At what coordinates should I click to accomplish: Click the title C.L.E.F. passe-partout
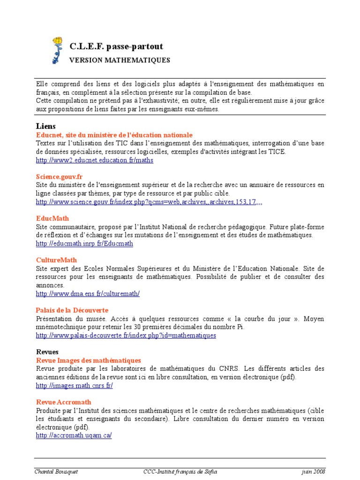click(x=116, y=46)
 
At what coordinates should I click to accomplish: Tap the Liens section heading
click(x=46, y=127)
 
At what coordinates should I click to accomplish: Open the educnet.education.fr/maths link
click(x=95, y=160)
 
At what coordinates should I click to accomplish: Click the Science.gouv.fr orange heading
click(x=59, y=177)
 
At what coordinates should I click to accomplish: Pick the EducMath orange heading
click(x=52, y=218)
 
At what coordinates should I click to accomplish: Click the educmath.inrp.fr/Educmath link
click(x=84, y=243)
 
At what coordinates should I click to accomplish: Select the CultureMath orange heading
click(x=56, y=260)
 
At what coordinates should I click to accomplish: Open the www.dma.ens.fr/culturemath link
click(x=88, y=293)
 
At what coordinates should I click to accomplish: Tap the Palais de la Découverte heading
click(x=72, y=310)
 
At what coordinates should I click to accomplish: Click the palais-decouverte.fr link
click(x=126, y=336)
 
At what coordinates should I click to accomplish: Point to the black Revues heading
click(x=47, y=352)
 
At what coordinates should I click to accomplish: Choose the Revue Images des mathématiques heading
click(x=89, y=360)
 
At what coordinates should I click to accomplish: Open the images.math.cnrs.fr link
click(x=75, y=385)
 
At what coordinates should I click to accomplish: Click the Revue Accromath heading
click(x=64, y=402)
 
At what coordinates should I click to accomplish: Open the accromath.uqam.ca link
click(x=74, y=435)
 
